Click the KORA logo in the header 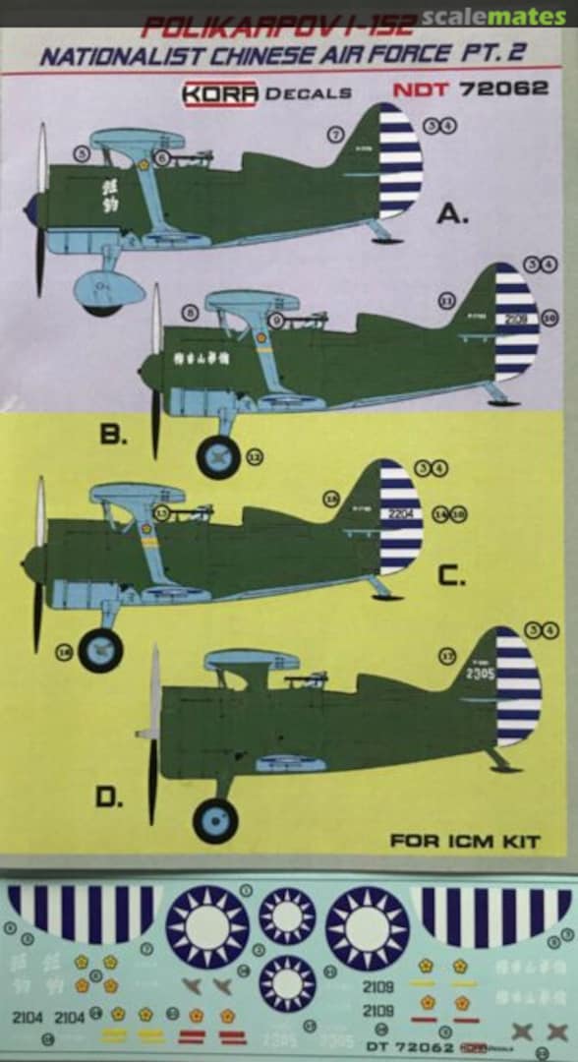[219, 91]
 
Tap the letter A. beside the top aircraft [452, 214]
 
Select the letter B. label [113, 434]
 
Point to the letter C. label [451, 577]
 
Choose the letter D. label [109, 797]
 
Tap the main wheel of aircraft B [217, 457]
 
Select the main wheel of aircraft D [215, 819]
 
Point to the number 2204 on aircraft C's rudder [401, 512]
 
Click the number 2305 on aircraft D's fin [480, 674]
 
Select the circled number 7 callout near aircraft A [336, 135]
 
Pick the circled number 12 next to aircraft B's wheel [256, 456]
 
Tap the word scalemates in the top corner [494, 16]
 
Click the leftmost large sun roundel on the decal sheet [206, 926]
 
